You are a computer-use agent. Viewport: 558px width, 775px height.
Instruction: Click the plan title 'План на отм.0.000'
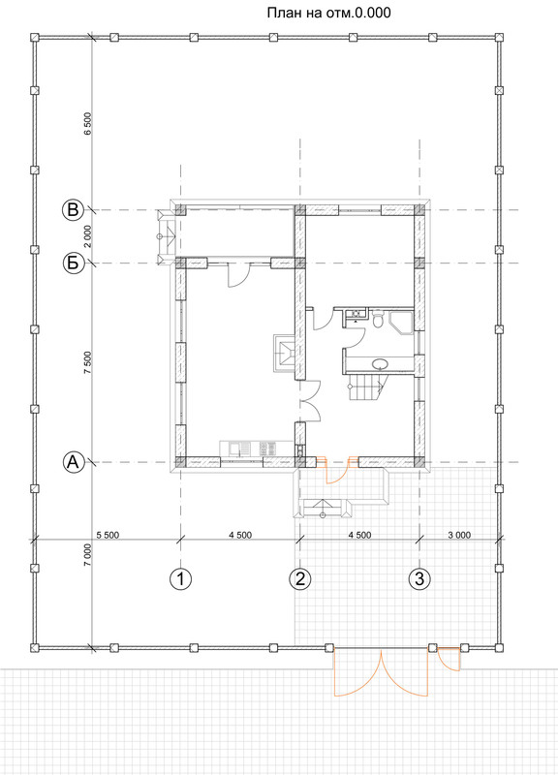pos(328,13)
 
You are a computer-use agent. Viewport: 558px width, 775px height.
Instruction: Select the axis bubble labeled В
pos(73,210)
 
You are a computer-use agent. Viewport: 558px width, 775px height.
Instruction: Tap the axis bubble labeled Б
pos(73,263)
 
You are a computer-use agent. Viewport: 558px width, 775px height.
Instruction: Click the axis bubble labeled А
pos(73,463)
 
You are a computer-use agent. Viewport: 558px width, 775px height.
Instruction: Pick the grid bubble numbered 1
pos(180,578)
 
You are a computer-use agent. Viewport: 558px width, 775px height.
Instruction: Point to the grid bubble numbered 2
pos(300,578)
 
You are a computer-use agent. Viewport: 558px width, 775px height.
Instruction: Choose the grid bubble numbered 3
pos(419,578)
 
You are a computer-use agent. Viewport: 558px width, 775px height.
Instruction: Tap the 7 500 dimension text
pos(87,362)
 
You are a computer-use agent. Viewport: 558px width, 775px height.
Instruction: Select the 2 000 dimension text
pos(87,236)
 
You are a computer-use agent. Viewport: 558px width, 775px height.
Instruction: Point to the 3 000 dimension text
pos(459,535)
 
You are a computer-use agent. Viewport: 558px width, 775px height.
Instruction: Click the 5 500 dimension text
pos(108,535)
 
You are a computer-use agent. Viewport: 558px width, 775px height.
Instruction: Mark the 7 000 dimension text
pos(87,554)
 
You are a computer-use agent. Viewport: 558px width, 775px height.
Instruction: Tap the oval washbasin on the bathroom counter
pos(380,364)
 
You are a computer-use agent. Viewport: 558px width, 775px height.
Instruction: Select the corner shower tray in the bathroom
pos(402,324)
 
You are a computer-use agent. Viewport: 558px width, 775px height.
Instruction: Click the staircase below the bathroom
pos(366,387)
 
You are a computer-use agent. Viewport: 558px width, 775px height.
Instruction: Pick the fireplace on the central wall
pos(285,353)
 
